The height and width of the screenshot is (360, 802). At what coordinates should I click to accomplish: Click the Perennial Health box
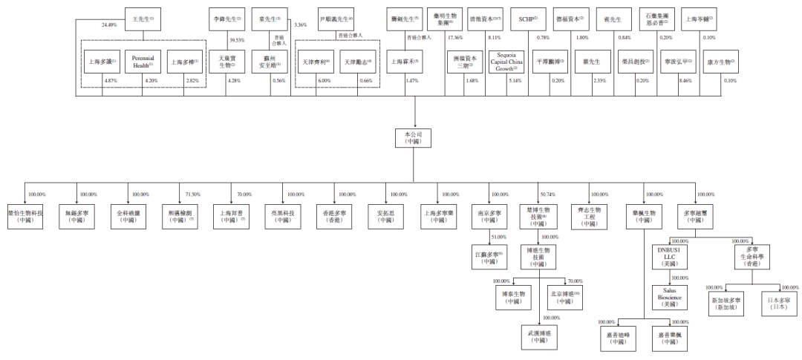point(141,61)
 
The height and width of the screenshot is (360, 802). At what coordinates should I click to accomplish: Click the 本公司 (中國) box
point(413,137)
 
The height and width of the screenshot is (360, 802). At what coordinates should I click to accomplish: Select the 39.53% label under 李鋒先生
point(237,40)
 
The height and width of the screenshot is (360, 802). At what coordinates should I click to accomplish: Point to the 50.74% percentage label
point(548,194)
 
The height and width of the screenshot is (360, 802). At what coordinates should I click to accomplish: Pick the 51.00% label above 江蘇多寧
point(498,237)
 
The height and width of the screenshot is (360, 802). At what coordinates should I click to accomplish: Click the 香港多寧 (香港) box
point(333,216)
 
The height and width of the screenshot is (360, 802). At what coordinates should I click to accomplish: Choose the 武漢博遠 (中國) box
point(539,336)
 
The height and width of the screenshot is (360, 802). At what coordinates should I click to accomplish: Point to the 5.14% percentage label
point(514,79)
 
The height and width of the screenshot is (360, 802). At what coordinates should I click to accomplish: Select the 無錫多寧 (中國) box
point(76,216)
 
